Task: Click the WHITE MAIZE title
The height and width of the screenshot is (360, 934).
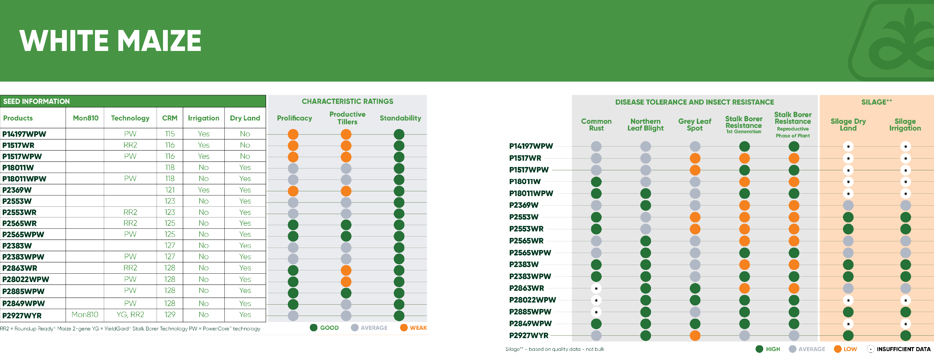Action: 110,40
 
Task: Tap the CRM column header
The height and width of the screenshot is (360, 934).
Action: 170,118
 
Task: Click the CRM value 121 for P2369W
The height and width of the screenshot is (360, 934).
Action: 170,190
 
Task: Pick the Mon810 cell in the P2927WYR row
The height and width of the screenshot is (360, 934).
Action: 85,315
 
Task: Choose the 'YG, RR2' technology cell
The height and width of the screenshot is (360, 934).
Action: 130,315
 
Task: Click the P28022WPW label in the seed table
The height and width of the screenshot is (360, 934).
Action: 26,279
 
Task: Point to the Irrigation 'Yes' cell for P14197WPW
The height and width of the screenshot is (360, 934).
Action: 203,134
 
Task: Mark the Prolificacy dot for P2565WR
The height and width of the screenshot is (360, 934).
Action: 293,225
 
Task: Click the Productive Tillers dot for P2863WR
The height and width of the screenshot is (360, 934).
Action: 346,270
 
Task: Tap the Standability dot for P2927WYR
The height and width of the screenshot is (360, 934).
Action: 399,315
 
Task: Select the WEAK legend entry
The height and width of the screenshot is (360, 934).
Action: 414,328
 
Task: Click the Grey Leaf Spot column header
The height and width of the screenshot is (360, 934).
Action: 694,125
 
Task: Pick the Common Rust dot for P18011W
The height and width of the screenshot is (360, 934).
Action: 596,182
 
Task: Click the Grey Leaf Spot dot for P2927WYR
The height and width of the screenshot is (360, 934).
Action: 695,336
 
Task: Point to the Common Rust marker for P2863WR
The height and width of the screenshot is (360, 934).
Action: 596,289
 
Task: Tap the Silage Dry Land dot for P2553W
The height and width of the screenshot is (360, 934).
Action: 848,217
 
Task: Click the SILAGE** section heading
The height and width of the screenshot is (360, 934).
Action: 876,102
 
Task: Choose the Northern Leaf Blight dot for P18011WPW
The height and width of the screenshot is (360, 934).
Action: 645,194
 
